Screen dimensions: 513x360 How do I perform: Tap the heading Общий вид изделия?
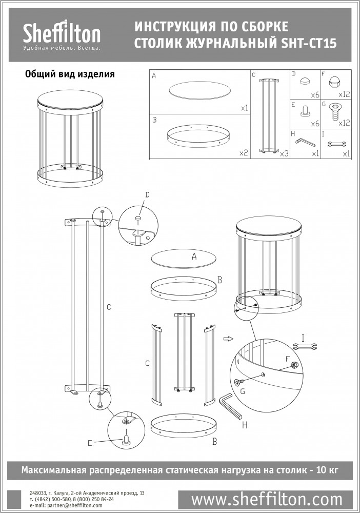click(x=70, y=74)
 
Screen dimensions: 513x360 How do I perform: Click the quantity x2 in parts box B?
click(x=244, y=153)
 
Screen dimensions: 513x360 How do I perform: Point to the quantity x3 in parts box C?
click(x=284, y=153)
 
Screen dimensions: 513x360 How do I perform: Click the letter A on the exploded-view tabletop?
click(x=194, y=257)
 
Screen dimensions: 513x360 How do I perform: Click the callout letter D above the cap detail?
click(x=147, y=195)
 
